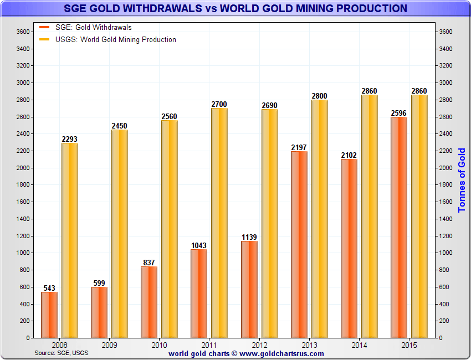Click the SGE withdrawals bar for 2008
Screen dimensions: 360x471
[49, 315]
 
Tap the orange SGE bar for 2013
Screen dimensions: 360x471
[299, 244]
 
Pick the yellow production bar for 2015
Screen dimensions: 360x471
[419, 216]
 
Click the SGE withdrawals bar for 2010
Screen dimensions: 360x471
[149, 302]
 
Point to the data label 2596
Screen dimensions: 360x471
[398, 113]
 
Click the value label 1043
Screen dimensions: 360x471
[199, 245]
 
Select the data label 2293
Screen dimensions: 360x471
[70, 139]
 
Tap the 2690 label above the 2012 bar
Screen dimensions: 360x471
[269, 105]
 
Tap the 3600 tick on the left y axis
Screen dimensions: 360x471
[23, 32]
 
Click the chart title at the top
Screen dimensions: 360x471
[235, 8]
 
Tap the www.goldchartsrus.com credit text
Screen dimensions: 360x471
[246, 353]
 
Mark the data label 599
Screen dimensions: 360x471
[99, 283]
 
